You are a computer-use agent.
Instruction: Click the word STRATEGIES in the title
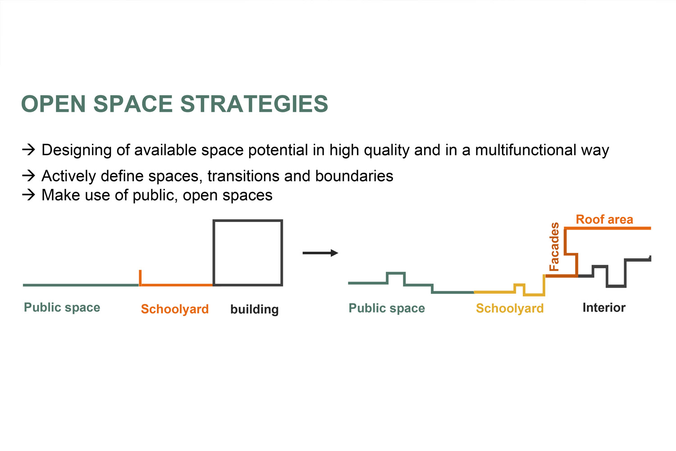(x=254, y=104)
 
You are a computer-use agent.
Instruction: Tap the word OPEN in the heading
(x=54, y=104)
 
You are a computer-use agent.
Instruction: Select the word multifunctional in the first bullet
(x=526, y=150)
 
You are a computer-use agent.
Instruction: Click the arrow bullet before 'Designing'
(x=29, y=150)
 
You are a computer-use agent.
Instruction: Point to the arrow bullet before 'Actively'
(x=29, y=175)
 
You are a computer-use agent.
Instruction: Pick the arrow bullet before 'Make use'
(x=29, y=195)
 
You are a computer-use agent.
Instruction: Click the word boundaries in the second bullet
(x=354, y=176)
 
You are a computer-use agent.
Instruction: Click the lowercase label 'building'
(x=255, y=310)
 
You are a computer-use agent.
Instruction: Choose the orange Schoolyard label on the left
(x=175, y=309)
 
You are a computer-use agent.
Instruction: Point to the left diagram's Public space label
(x=62, y=308)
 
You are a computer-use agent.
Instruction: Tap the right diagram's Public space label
(x=387, y=308)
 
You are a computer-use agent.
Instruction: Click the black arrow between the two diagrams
(x=320, y=253)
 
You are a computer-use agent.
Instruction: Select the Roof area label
(x=604, y=220)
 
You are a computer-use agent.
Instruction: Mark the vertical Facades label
(x=554, y=247)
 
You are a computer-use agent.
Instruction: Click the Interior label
(x=604, y=308)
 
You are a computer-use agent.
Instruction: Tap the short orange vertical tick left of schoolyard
(x=140, y=277)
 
